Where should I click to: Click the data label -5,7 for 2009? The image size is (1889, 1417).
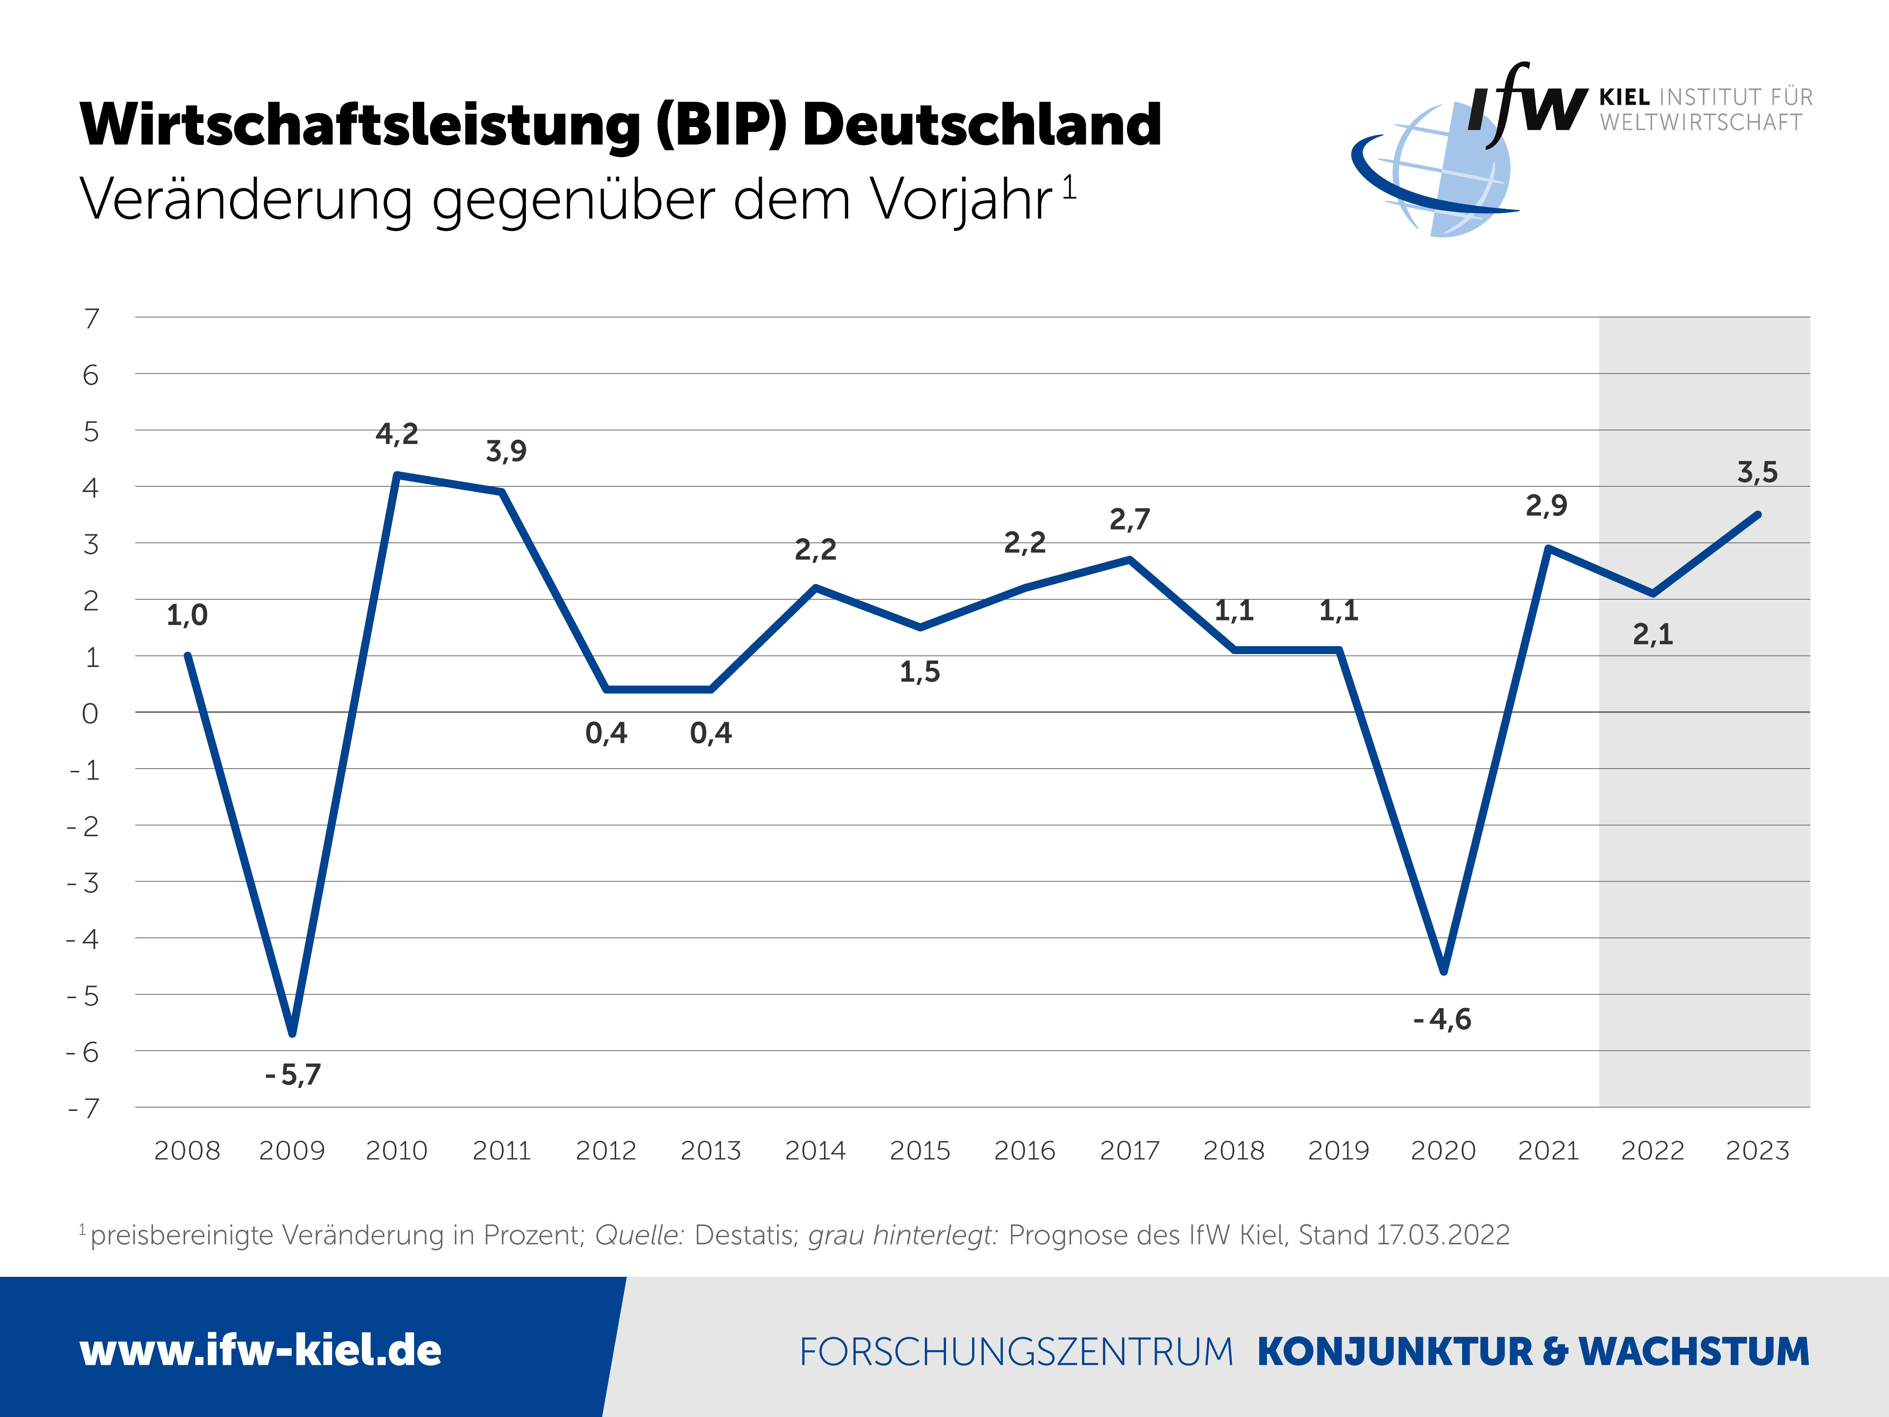tap(293, 1075)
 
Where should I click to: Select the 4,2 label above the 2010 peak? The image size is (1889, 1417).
tap(397, 434)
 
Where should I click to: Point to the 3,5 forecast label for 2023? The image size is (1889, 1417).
tap(1758, 472)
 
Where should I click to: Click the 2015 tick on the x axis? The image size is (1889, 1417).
tap(920, 1151)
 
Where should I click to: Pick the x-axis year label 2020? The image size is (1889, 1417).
tap(1443, 1151)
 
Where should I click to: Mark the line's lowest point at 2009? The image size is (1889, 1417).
tap(292, 1033)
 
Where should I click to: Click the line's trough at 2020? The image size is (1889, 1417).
tap(1443, 971)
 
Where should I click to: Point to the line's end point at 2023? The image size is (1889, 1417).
tap(1758, 514)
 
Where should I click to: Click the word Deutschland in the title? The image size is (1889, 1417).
tap(982, 125)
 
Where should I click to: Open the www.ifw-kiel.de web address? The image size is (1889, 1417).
tap(260, 1350)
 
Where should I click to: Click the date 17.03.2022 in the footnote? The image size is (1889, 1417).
tap(1443, 1235)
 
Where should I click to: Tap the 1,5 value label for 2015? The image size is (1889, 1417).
tap(920, 672)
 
